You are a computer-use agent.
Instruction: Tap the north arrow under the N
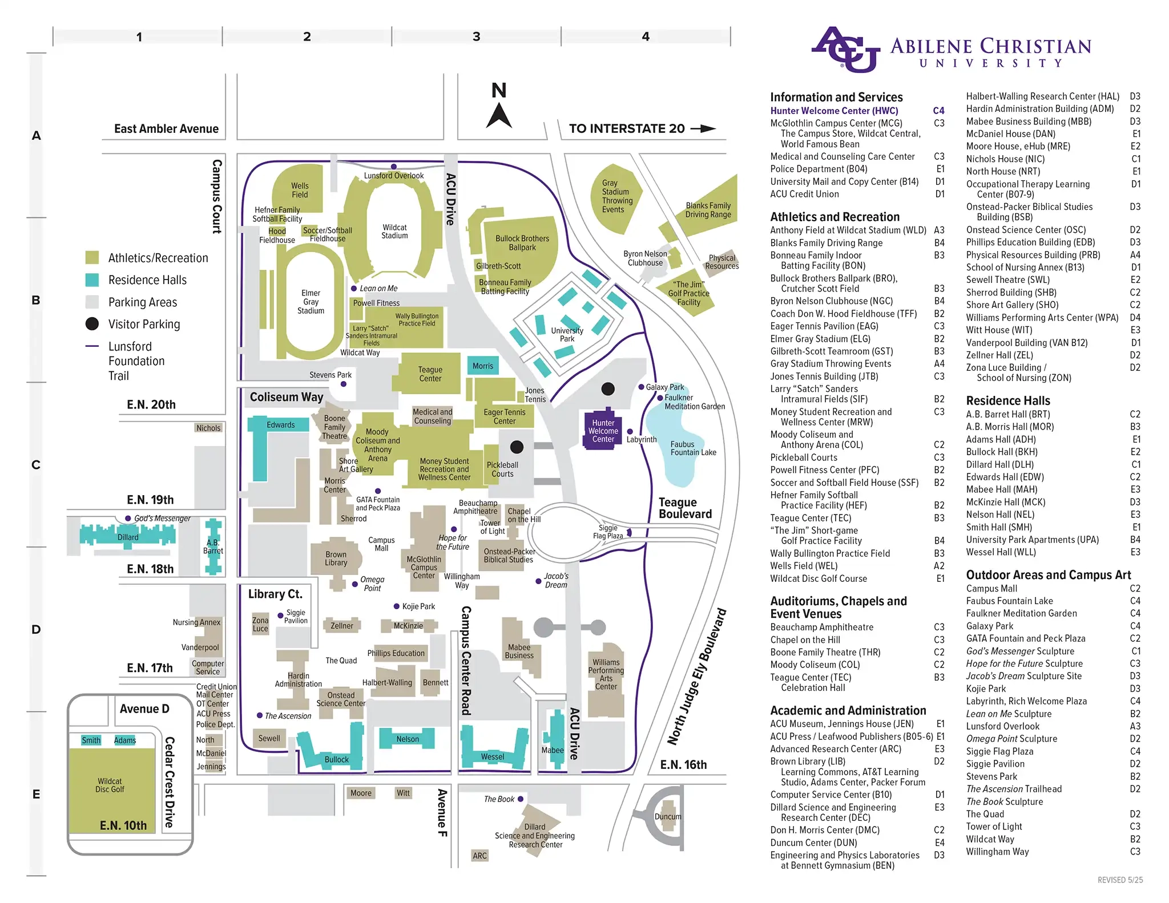[499, 116]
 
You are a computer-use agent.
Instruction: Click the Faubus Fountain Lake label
[692, 448]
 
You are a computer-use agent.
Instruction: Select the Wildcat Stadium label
[394, 232]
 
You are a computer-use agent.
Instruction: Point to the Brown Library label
[336, 558]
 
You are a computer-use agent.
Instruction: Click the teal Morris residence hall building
[483, 366]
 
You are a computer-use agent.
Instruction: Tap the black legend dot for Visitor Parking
[92, 324]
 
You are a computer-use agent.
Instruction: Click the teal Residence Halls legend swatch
[92, 280]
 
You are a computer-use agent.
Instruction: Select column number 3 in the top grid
[476, 37]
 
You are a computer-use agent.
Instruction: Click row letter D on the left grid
[36, 630]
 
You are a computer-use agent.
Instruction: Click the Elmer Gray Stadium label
[311, 302]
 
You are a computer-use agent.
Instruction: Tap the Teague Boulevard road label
[684, 508]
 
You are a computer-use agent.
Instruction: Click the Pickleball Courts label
[502, 469]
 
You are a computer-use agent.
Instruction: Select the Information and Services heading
[836, 97]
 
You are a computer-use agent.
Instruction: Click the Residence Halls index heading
[1007, 400]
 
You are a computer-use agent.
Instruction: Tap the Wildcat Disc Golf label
[110, 785]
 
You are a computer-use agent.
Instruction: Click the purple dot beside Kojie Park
[397, 606]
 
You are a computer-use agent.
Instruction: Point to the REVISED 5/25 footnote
[1120, 880]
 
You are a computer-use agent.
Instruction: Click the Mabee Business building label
[519, 651]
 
